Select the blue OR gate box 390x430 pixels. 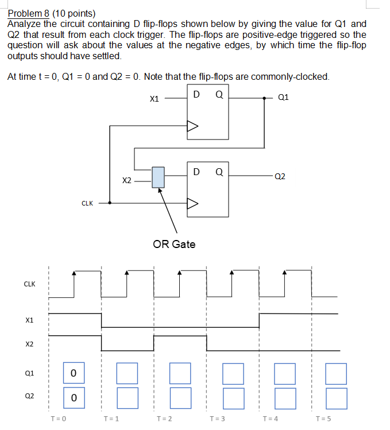click(158, 177)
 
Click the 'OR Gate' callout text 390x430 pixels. click(174, 245)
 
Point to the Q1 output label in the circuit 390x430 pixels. click(283, 97)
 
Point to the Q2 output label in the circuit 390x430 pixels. click(280, 177)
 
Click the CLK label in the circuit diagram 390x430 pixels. click(87, 203)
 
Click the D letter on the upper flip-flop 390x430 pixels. click(196, 94)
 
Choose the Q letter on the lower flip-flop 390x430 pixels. click(218, 171)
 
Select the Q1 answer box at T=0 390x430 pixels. click(73, 374)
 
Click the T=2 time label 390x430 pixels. click(164, 419)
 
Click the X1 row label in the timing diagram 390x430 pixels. click(30, 320)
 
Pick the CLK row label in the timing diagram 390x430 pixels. click(29, 284)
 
